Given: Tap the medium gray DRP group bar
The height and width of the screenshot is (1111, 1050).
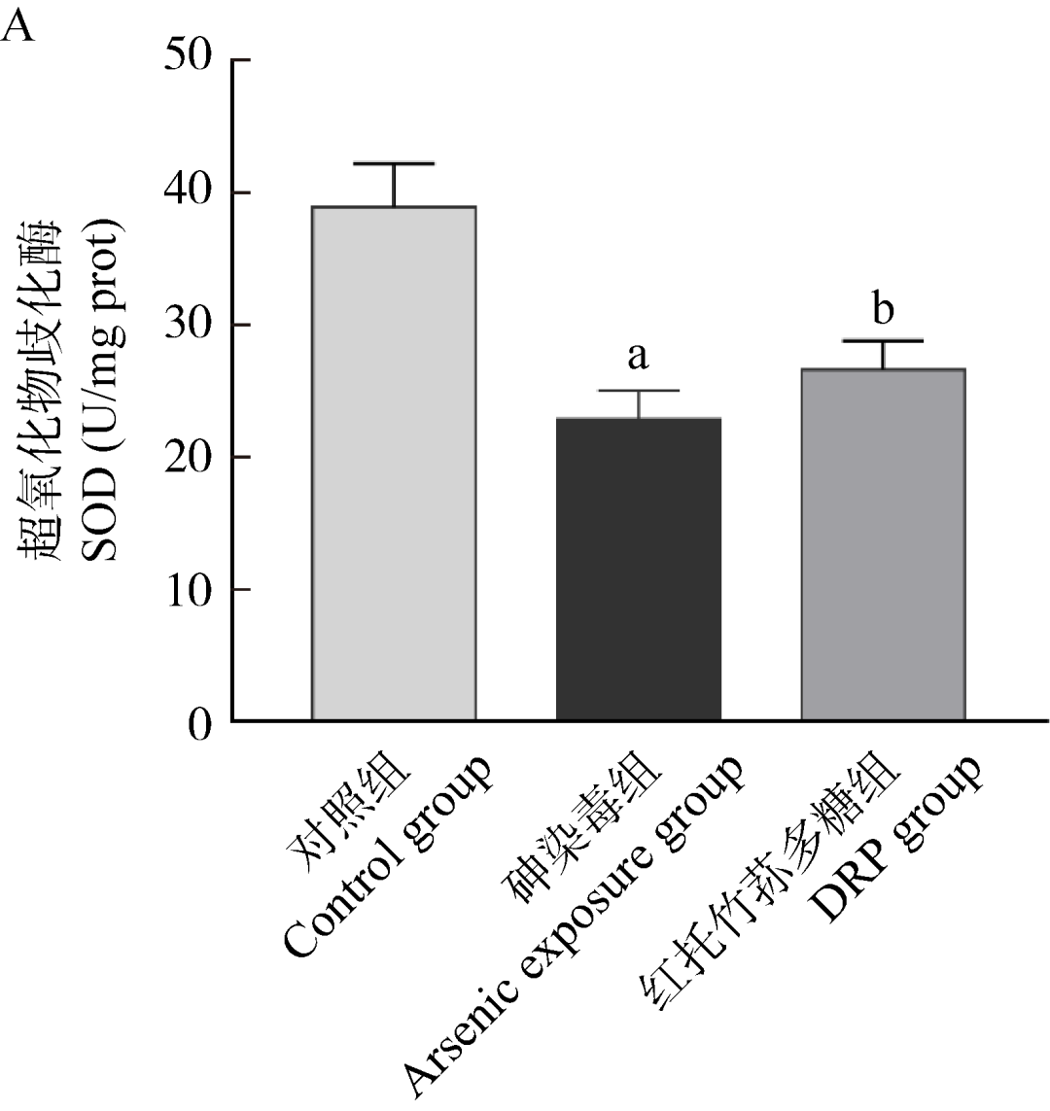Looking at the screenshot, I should pos(883,544).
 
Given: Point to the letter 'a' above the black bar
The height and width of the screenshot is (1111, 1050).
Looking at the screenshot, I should pos(638,357).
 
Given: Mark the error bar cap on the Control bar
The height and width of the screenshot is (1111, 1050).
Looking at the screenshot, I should pos(394,163).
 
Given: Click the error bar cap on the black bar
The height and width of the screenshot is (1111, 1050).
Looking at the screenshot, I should pos(639,391).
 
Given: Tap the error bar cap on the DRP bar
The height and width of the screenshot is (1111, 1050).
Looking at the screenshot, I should pos(883,341).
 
